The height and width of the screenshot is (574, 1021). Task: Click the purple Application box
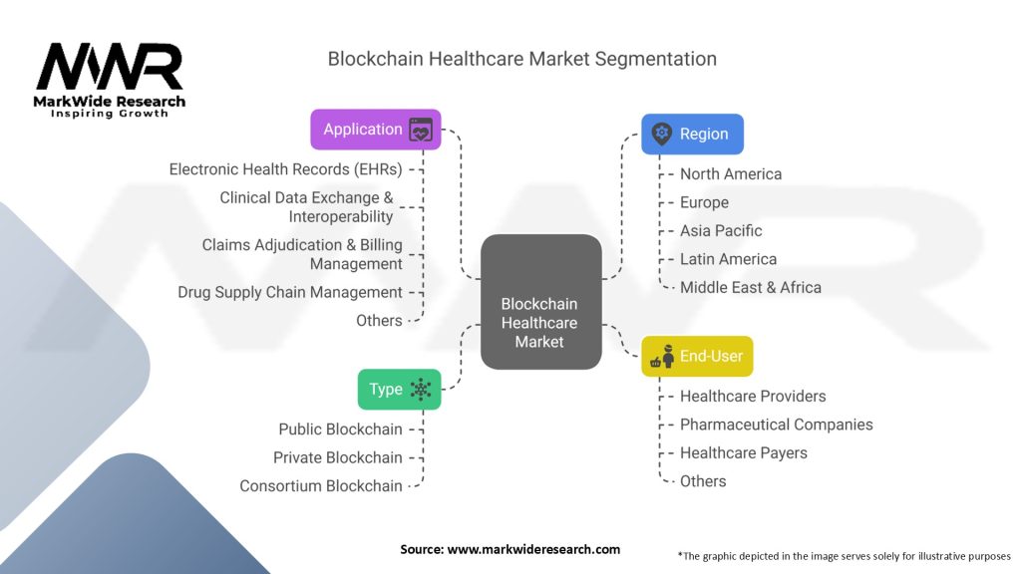click(x=375, y=130)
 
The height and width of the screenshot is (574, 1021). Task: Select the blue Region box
click(x=692, y=134)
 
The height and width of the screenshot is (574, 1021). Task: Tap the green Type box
click(x=399, y=390)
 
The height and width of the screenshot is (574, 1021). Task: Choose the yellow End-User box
click(x=696, y=356)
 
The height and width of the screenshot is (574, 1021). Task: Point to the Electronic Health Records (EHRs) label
click(x=286, y=169)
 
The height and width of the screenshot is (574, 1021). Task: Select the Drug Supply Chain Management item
click(x=290, y=292)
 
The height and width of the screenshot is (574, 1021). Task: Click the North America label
click(x=731, y=174)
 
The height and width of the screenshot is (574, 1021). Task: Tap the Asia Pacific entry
click(x=721, y=231)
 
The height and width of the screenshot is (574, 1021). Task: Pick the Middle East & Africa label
click(x=751, y=288)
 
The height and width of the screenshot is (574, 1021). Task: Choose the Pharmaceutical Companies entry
click(x=776, y=425)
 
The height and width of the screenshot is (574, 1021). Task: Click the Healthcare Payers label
click(x=744, y=453)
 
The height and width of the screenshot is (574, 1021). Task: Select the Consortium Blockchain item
click(x=321, y=486)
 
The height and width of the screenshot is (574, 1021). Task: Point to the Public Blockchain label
click(x=340, y=430)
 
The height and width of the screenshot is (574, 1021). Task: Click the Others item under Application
click(x=379, y=321)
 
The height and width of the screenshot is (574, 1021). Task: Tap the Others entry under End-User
click(x=703, y=481)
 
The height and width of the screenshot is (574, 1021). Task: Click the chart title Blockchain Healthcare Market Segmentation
click(x=522, y=59)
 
